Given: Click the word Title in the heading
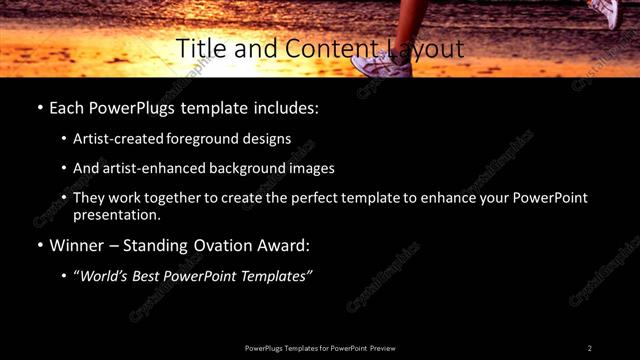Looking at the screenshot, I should click(199, 48).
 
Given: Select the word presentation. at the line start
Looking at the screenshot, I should click(117, 214).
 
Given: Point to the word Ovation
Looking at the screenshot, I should click(223, 245).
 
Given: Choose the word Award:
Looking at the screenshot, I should click(285, 245).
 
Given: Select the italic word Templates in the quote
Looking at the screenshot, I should click(276, 276).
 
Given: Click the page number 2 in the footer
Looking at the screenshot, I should click(590, 348).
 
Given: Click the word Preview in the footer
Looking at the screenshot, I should click(383, 348).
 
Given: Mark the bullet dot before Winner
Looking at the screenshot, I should click(39, 246).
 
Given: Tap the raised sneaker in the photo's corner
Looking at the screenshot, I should click(604, 12).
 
